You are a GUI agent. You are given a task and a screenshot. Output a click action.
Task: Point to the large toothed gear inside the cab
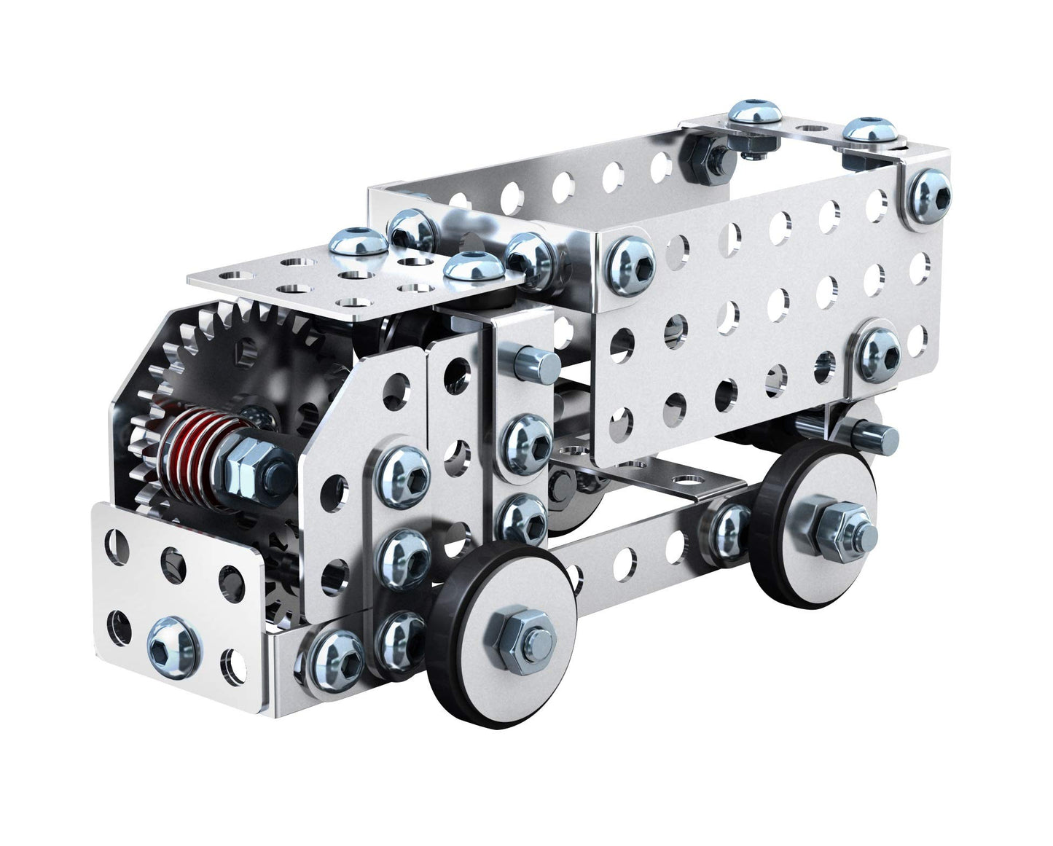point(240,357)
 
